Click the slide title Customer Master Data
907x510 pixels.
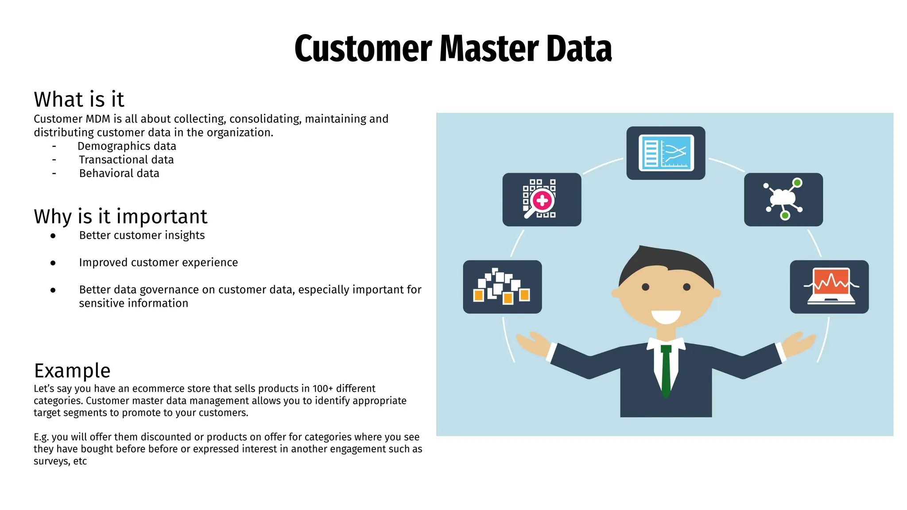pos(453,48)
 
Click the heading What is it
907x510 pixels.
pos(79,99)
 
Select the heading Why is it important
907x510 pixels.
pos(120,216)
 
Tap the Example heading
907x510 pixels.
pos(72,371)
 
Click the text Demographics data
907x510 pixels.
pos(127,146)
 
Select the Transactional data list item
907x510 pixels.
pos(126,160)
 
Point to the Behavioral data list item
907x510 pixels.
pos(119,174)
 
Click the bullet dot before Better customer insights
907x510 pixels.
pos(53,236)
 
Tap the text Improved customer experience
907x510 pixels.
pos(158,263)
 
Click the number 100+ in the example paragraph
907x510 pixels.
pos(322,389)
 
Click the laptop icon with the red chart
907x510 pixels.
pos(829,286)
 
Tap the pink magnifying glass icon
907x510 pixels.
pos(541,200)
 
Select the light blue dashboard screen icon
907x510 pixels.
pos(666,153)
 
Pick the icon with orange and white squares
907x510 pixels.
pos(502,287)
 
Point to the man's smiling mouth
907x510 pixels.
pos(666,316)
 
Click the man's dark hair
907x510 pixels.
pos(664,261)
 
